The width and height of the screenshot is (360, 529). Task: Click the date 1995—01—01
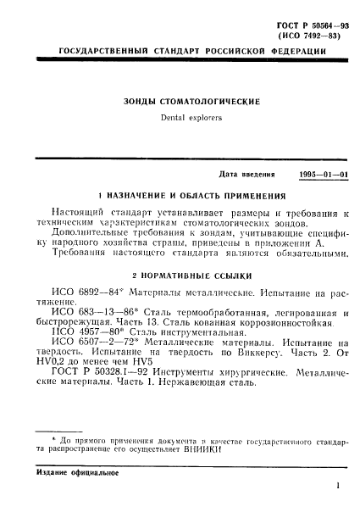point(324,175)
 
